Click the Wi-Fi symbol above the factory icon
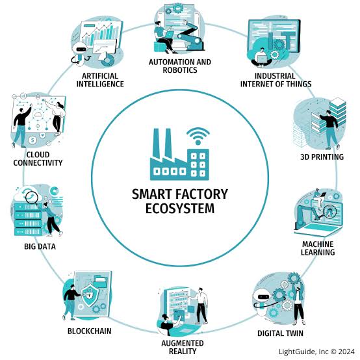point(198,136)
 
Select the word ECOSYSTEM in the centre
point(180,208)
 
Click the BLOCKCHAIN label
point(89,331)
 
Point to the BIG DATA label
point(40,246)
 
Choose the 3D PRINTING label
point(322,157)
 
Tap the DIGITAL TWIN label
point(280,333)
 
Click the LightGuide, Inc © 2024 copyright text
point(317,352)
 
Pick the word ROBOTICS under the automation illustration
point(180,70)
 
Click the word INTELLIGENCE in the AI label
point(100,84)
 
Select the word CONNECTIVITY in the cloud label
point(38,163)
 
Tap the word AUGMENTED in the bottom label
point(183,343)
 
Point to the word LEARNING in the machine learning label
point(318,252)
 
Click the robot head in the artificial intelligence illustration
point(80,49)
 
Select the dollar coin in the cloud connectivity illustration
point(32,140)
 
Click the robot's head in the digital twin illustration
point(263,296)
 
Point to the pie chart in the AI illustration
point(107,60)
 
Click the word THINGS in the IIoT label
point(298,84)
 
